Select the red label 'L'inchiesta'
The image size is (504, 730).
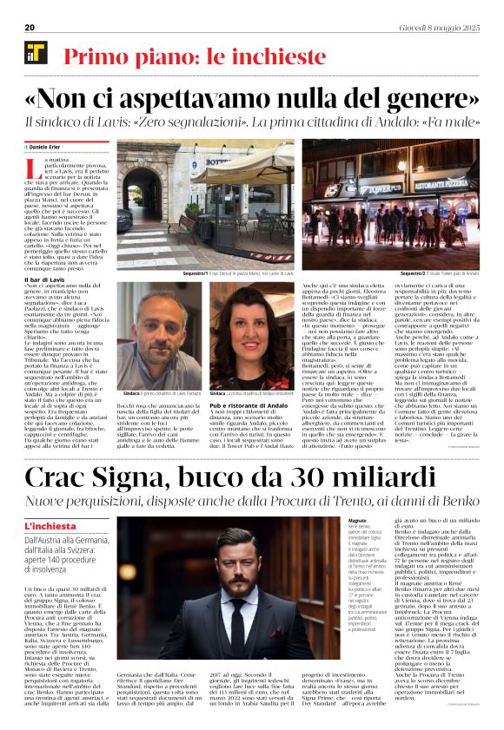coord(51,526)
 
